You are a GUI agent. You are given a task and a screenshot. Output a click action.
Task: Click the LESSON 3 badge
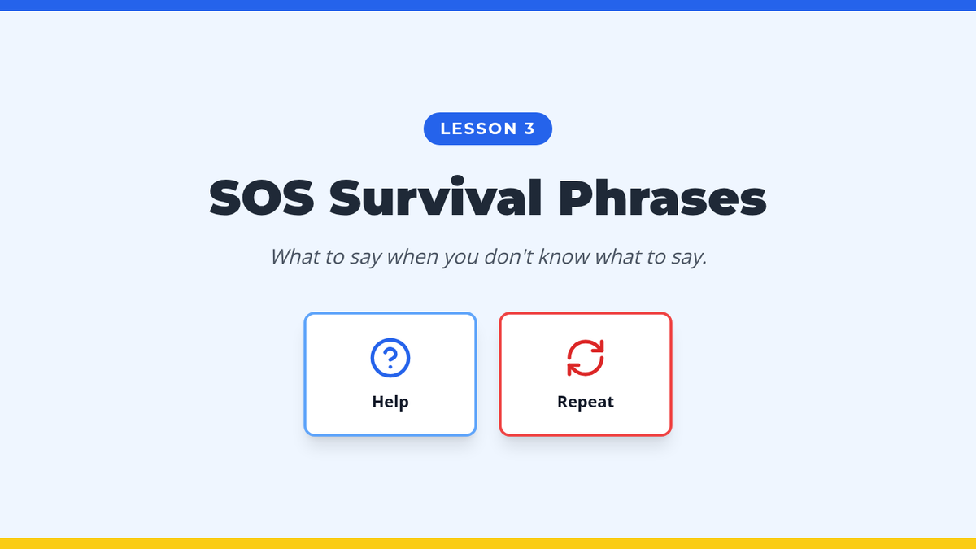[487, 129]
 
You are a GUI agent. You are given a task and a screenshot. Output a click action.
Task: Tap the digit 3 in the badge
[529, 129]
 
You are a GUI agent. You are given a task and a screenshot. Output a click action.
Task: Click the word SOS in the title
[261, 198]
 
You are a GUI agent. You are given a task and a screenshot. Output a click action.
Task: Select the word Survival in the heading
[435, 196]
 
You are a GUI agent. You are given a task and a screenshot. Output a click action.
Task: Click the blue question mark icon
[390, 358]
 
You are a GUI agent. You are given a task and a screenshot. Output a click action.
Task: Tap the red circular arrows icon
[585, 358]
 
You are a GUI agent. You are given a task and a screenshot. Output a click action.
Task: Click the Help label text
[390, 401]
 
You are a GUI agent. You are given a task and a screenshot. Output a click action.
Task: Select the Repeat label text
[585, 402]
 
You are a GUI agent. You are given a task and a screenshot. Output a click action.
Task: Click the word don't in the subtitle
[508, 256]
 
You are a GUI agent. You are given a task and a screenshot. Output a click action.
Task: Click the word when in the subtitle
[412, 256]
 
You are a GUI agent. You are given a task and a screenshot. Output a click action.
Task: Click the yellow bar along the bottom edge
[488, 544]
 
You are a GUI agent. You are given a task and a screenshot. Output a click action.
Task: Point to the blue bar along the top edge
[488, 5]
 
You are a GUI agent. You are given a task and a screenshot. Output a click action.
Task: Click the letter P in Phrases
[575, 198]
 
